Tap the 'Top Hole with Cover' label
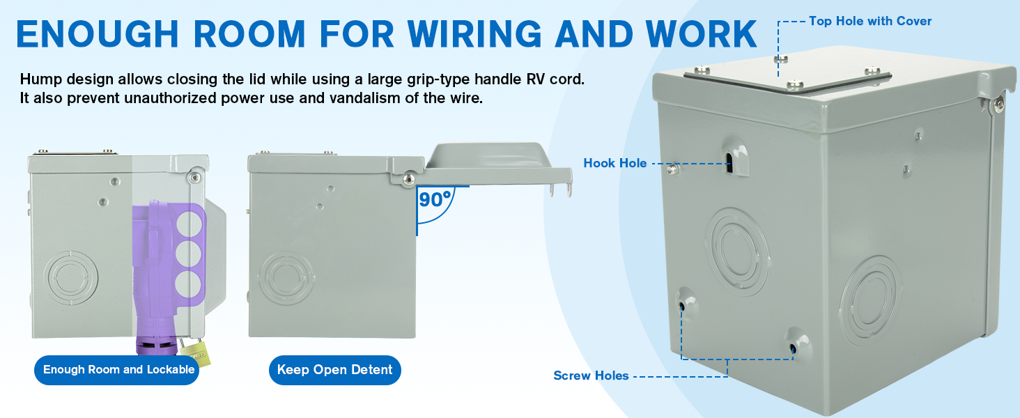pyautogui.click(x=870, y=21)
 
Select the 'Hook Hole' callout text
pyautogui.click(x=615, y=163)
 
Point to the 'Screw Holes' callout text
pyautogui.click(x=591, y=376)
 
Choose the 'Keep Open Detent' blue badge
pyautogui.click(x=334, y=370)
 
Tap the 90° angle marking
pyautogui.click(x=435, y=200)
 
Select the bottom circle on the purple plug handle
pyautogui.click(x=185, y=285)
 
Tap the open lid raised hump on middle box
pyautogui.click(x=487, y=155)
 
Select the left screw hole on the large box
pyautogui.click(x=682, y=304)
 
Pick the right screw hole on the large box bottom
pyautogui.click(x=793, y=346)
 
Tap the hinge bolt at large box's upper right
pyautogui.click(x=999, y=104)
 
